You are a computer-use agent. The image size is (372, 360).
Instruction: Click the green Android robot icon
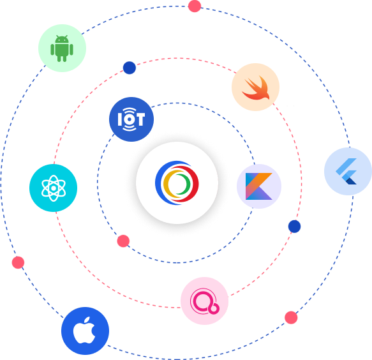62,49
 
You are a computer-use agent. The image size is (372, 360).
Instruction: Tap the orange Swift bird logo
256,88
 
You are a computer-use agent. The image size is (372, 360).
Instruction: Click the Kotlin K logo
259,186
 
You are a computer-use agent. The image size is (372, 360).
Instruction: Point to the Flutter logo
346,171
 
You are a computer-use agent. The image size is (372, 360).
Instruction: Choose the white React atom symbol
54,188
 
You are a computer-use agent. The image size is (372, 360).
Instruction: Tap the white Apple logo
84,330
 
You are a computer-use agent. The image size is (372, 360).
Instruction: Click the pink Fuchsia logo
205,301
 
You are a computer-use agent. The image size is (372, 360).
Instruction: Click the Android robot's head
62,39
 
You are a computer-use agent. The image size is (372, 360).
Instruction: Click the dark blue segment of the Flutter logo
352,181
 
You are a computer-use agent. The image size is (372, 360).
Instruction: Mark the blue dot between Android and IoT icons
130,68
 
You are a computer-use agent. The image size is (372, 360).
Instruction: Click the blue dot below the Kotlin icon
294,227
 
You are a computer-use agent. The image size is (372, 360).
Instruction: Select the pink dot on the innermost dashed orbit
123,241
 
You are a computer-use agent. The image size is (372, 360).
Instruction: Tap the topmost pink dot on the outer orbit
195,6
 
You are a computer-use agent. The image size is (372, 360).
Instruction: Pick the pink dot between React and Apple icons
18,262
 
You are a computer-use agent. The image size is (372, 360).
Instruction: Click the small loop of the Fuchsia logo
214,308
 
